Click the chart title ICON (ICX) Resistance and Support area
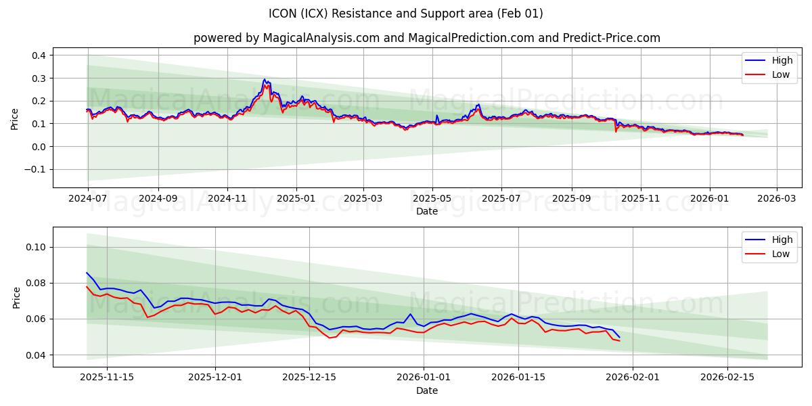pos(405,14)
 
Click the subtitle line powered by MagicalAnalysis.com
pos(426,38)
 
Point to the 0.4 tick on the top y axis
pos(39,55)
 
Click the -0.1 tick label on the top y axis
pos(35,170)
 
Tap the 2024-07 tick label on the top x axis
pos(88,199)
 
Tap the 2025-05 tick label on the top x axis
pos(432,199)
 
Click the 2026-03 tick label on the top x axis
pos(776,199)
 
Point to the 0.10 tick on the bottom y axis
pos(37,247)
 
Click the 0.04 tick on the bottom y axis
pos(37,355)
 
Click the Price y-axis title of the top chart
pos(15,119)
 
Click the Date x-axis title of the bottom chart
pos(426,390)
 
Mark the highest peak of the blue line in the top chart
pos(265,79)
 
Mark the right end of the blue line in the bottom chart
pos(619,337)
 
